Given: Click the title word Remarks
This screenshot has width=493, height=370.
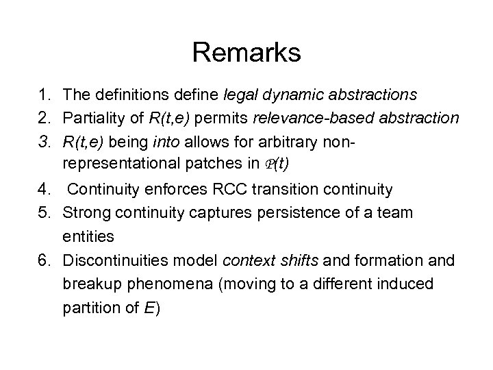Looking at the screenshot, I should (x=246, y=53).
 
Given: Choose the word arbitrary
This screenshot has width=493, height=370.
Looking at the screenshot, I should (x=322, y=141).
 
